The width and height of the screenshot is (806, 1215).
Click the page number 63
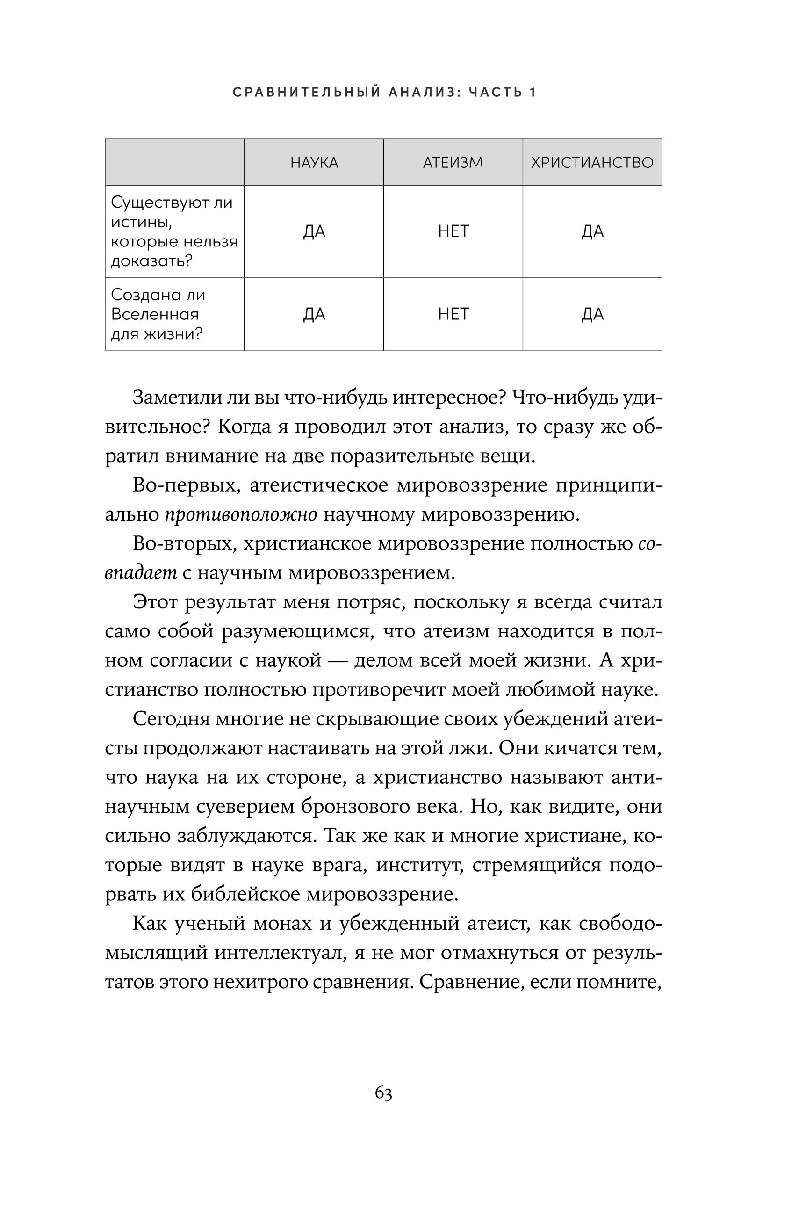coord(383,1092)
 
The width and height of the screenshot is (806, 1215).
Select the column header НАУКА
coord(314,163)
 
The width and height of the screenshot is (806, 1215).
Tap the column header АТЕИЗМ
coord(453,163)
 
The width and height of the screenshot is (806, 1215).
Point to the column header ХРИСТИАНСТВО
coord(592,163)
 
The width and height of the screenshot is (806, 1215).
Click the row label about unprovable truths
coord(174,231)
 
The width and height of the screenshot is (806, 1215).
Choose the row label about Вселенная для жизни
coord(158,314)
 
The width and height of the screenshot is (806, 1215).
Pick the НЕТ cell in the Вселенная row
coord(453,314)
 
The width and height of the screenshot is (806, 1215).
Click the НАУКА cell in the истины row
coord(314,231)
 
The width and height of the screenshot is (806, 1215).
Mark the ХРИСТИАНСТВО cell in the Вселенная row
coord(592,314)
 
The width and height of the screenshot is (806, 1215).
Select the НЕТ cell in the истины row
coord(453,231)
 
